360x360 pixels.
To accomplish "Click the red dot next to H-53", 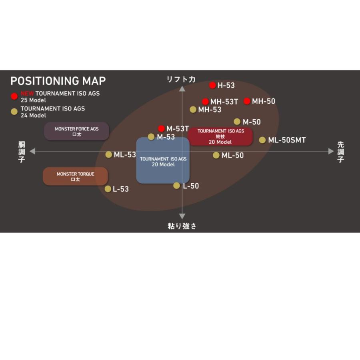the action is point(212,85).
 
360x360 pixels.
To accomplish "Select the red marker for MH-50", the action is point(247,101).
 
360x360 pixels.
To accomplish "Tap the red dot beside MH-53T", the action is point(205,102).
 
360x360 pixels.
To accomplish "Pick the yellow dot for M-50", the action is point(237,122).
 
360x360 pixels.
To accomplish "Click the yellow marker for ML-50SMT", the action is point(262,140).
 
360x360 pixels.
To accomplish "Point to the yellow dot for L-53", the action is point(108,189).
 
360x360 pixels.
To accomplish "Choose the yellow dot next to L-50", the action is point(176,186).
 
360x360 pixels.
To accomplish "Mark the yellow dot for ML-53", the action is point(108,154).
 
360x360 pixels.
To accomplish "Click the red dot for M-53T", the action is point(162,128).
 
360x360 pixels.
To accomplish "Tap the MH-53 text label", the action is point(210,110).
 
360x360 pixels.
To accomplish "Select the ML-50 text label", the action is point(232,156).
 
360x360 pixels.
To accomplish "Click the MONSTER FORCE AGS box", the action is point(77,131).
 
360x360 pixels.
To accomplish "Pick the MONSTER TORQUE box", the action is point(75,176).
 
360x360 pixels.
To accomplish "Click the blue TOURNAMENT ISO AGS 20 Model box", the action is point(163,160).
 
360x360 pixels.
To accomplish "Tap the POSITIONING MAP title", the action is point(58,81).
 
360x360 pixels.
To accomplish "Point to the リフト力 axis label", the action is point(181,80).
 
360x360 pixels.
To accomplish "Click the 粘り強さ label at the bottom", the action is point(182,226).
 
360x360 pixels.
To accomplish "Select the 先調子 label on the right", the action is point(341,152).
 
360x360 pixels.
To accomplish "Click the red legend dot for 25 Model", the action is point(14,96).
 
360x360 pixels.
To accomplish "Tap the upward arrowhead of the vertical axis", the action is point(182,89).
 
